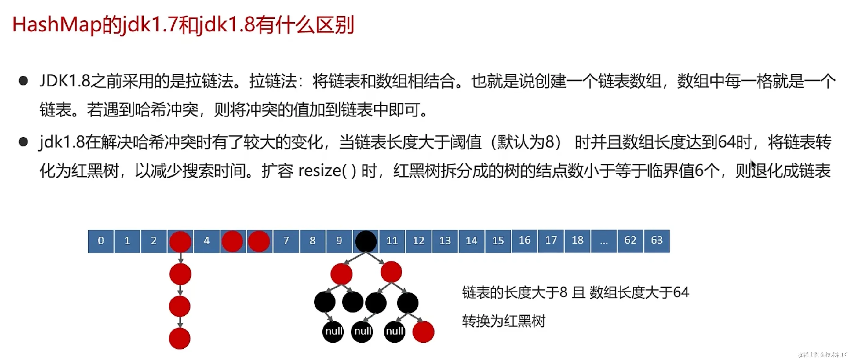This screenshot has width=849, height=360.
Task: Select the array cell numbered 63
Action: pos(657,240)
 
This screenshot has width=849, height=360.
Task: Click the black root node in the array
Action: pos(366,241)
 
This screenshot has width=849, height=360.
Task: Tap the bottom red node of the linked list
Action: pos(180,338)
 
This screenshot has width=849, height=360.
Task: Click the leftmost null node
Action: pos(333,331)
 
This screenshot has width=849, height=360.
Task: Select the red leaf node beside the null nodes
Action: pos(423,332)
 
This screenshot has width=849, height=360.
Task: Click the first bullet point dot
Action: pos(24,81)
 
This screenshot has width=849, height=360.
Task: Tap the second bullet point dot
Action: pos(24,142)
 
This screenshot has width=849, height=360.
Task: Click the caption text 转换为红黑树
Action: pos(504,321)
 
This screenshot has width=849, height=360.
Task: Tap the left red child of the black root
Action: pos(341,274)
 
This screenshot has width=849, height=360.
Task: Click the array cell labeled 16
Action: pos(524,240)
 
